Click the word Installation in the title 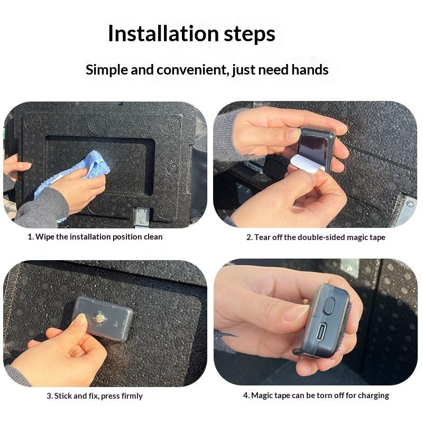coord(163,33)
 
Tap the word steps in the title coord(250,35)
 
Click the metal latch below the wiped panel coord(142,216)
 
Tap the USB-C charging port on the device coord(320,332)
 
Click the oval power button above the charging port coord(328,306)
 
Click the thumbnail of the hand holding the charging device coord(316,322)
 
